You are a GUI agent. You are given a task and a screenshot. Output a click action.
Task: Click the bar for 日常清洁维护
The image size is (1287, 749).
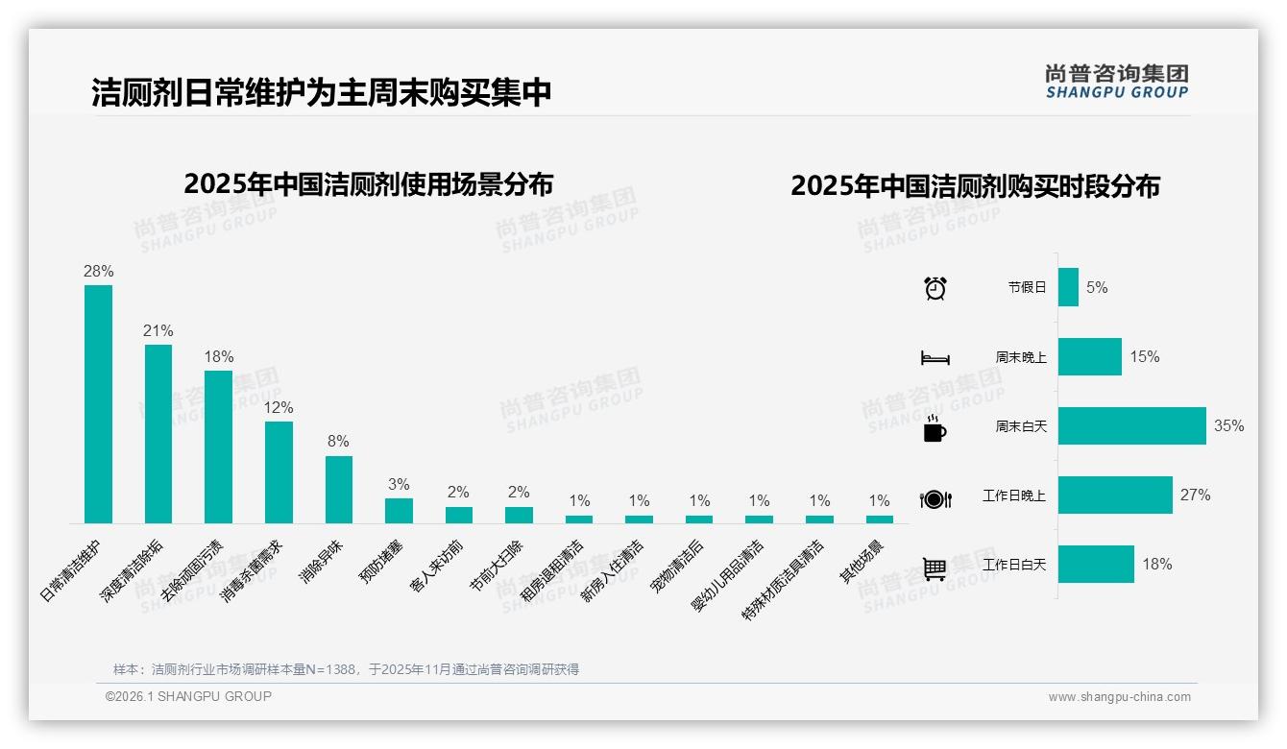(98, 403)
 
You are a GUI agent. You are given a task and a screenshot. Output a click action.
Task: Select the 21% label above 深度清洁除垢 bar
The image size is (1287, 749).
(158, 331)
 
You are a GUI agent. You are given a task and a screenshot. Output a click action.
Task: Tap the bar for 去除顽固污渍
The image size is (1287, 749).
(218, 447)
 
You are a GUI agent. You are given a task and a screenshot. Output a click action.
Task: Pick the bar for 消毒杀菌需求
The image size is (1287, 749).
(279, 471)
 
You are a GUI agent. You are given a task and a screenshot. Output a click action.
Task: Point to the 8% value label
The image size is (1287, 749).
(338, 442)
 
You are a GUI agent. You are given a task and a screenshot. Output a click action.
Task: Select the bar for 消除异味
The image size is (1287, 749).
(339, 489)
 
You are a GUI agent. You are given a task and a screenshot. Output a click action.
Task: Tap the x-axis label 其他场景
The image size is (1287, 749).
(862, 562)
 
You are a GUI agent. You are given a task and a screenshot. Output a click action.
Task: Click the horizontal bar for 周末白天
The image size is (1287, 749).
(1131, 426)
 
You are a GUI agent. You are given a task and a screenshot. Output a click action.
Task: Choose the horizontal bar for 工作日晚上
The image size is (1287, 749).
(1115, 495)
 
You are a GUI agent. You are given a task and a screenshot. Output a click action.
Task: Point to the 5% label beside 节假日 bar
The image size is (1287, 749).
(1097, 287)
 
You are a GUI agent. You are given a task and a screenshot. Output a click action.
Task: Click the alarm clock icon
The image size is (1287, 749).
(935, 288)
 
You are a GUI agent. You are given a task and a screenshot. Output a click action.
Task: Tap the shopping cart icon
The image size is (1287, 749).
(935, 568)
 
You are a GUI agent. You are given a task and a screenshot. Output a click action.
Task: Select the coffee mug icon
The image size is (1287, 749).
(935, 428)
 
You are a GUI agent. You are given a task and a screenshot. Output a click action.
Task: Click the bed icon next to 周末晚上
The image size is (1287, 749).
(935, 358)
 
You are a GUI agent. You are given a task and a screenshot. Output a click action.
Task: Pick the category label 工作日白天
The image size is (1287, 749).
(1014, 565)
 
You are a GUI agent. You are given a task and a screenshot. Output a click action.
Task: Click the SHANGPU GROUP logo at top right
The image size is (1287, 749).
(1116, 82)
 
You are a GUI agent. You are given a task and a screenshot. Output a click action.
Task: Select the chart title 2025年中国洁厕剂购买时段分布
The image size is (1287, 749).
(975, 186)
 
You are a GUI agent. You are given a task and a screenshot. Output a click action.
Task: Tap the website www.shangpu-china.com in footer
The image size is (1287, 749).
(1119, 697)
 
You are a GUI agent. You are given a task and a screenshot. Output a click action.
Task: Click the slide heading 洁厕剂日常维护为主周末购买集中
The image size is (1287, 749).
(322, 92)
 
